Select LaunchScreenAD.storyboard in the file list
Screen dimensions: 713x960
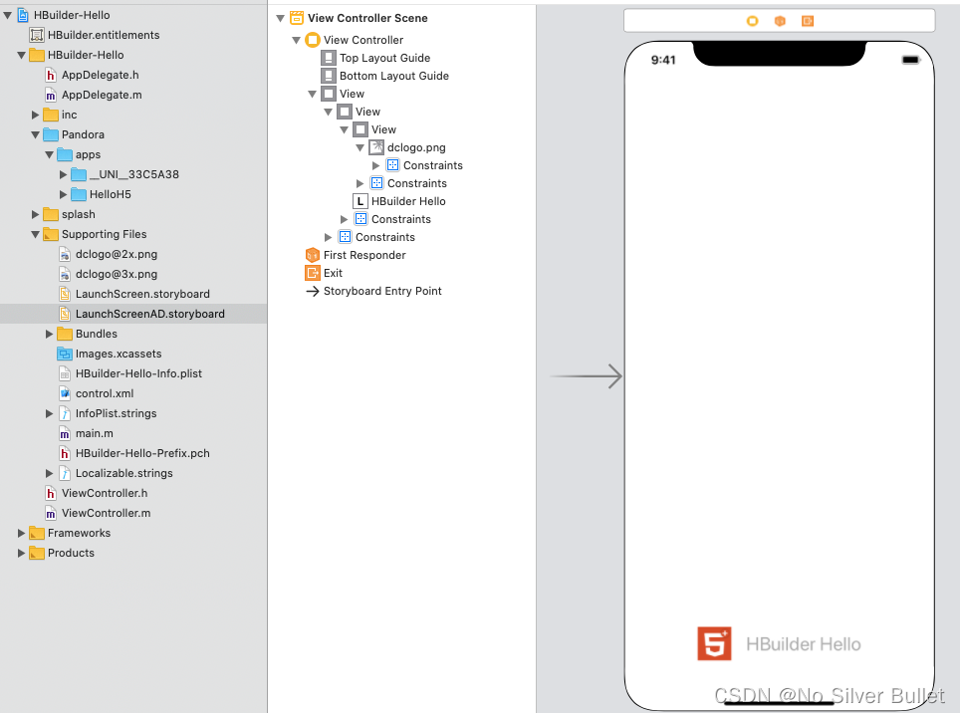[x=149, y=314]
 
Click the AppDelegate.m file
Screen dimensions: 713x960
[x=101, y=95]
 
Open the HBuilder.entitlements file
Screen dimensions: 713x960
[x=104, y=35]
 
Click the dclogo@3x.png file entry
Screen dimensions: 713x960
[x=116, y=274]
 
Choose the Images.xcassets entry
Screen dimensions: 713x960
[x=118, y=354]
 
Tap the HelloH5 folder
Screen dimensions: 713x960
[x=110, y=194]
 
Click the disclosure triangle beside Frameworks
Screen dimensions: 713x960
[x=22, y=533]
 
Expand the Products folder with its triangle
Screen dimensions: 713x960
[x=22, y=553]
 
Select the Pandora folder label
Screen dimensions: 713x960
[x=83, y=134]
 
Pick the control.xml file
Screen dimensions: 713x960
[x=104, y=393]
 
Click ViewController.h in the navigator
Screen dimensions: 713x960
[x=104, y=493]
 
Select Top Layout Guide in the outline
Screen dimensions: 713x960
[x=384, y=58]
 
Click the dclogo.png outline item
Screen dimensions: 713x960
[x=415, y=147]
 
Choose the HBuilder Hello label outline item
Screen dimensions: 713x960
[x=407, y=201]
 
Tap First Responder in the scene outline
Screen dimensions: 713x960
[x=364, y=255]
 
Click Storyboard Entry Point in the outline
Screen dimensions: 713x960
[x=381, y=291]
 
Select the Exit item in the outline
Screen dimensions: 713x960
[x=333, y=273]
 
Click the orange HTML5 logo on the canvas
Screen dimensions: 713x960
[x=714, y=643]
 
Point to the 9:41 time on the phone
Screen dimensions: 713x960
[x=663, y=60]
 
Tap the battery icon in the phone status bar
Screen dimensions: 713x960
[x=910, y=60]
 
